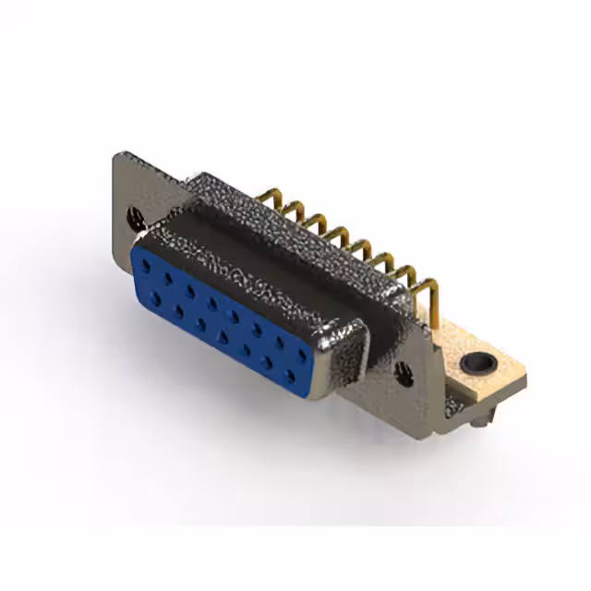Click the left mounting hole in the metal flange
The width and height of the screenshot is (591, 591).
pos(136,219)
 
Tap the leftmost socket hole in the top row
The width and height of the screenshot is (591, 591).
pos(146,265)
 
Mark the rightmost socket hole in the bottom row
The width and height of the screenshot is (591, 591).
pos(290,376)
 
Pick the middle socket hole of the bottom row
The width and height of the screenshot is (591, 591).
pos(223,336)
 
